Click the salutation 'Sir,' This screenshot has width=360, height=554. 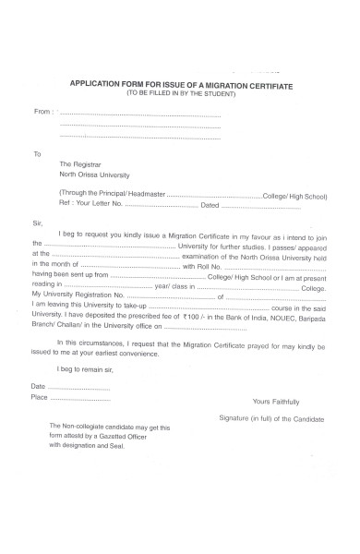38,223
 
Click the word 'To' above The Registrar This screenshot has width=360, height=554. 37,153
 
